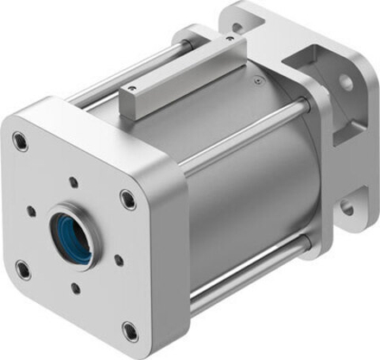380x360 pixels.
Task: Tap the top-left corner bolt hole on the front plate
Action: pyautogui.click(x=19, y=140)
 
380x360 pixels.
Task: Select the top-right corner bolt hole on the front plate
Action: pyautogui.click(x=129, y=200)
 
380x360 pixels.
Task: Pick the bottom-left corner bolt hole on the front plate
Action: pyautogui.click(x=22, y=268)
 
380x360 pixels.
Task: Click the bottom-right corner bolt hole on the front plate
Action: pyautogui.click(x=130, y=330)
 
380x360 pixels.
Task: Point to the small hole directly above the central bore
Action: pyautogui.click(x=73, y=183)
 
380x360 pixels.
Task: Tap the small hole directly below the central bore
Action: pyautogui.click(x=75, y=288)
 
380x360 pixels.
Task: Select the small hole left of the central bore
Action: pyautogui.click(x=31, y=210)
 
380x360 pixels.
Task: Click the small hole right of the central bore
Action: pyautogui.click(x=118, y=259)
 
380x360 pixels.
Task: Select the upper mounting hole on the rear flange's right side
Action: pyautogui.click(x=345, y=82)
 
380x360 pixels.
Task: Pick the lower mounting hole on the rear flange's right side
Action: pyautogui.click(x=347, y=207)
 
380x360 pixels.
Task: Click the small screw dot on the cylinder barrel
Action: pyautogui.click(x=258, y=82)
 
